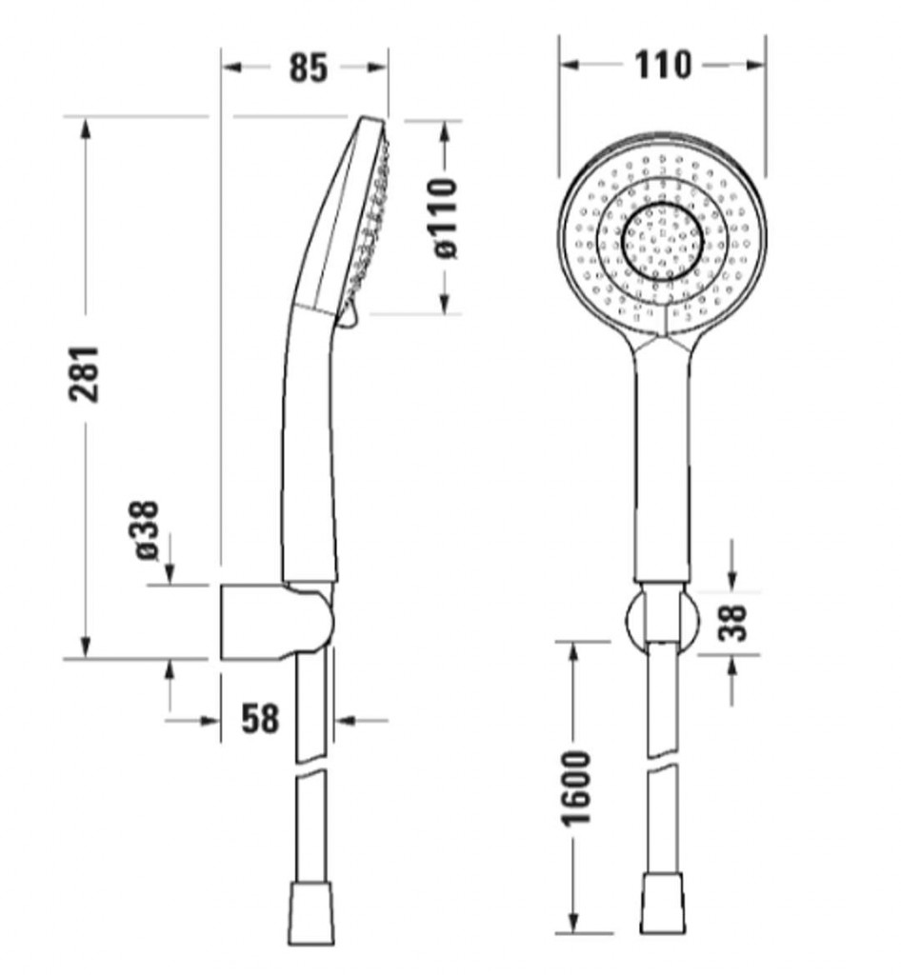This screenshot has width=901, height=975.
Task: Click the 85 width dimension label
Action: pyautogui.click(x=308, y=68)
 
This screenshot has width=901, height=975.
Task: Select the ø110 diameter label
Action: pyautogui.click(x=446, y=218)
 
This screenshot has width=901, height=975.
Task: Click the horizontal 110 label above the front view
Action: pyautogui.click(x=662, y=65)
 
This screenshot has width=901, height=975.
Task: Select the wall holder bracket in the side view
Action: pyautogui.click(x=277, y=621)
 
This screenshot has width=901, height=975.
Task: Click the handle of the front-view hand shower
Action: pyautogui.click(x=662, y=460)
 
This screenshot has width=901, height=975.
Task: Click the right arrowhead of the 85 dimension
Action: pyautogui.click(x=376, y=68)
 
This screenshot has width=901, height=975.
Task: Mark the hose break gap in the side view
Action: pyautogui.click(x=310, y=766)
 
